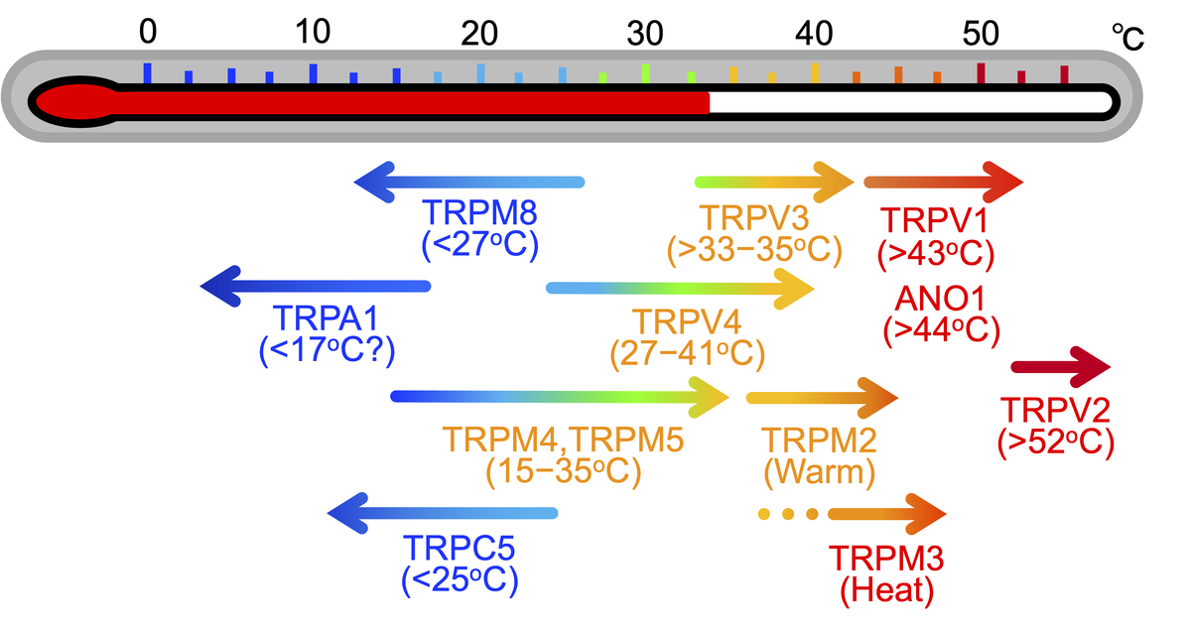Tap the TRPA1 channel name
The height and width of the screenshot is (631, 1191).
tap(320, 319)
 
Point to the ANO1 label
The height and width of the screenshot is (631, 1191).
tap(939, 297)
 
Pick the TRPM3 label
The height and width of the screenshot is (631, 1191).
tap(885, 558)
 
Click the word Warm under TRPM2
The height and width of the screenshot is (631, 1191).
tap(820, 472)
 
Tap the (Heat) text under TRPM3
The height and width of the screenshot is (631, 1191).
tap(886, 591)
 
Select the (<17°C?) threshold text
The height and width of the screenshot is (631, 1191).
tap(322, 351)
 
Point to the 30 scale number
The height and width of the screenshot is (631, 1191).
tap(644, 33)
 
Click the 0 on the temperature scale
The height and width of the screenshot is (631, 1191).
tap(147, 33)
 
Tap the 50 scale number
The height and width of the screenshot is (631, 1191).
tap(981, 33)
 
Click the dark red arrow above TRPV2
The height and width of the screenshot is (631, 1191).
tap(1059, 368)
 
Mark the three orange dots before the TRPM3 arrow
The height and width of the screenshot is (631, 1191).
tap(788, 514)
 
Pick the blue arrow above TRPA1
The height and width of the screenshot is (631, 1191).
tap(316, 286)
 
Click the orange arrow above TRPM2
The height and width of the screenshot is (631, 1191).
tap(821, 398)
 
